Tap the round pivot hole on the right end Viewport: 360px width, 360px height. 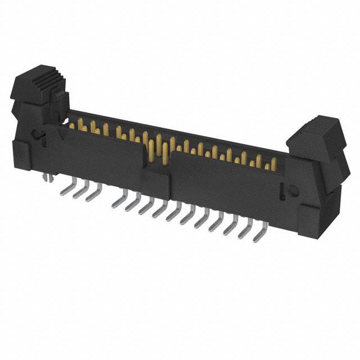[x=292, y=191]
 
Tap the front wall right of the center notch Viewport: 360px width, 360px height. [x=225, y=186]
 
